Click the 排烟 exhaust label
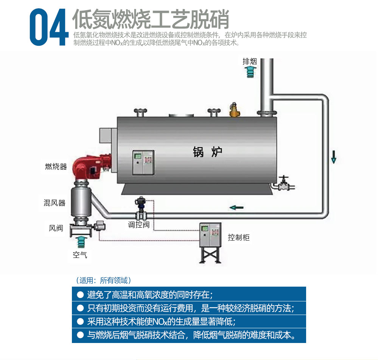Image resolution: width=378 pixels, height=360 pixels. pos(249,61)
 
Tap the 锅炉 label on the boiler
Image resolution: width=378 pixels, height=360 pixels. pos(207,152)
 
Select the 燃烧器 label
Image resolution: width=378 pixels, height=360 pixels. pos(56,166)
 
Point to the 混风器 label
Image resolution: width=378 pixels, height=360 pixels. pos(54,203)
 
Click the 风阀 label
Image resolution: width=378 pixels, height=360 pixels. pos(56,228)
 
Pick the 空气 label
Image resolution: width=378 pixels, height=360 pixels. pos(80,255)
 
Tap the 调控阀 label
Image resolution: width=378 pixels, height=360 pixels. pos(138,225)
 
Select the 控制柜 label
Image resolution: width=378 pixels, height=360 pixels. pos(239,237)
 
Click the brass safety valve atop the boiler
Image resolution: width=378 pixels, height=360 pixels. pos(233,110)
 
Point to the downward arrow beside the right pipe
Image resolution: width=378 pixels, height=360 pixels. pos(334,157)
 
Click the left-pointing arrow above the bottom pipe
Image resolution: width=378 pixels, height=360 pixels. pos(236,207)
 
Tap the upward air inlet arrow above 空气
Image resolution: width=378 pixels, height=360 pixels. pos(81,242)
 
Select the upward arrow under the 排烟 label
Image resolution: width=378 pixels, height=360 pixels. pos(250,72)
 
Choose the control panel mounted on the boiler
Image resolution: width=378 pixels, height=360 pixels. pos(143,162)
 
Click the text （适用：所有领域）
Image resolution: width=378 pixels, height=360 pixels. pos(104,281)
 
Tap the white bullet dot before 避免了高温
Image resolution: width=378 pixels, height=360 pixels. pos(80,295)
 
